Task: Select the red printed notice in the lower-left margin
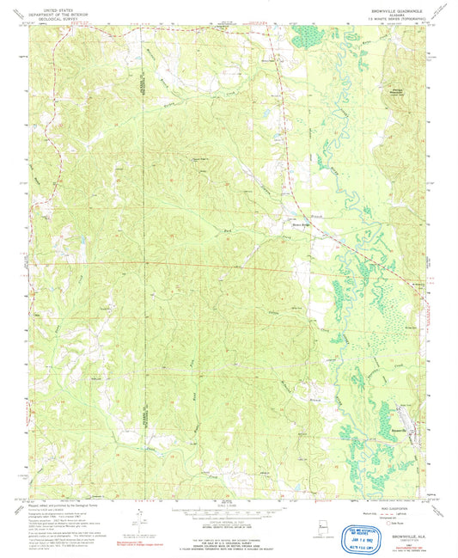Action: (131, 543)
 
